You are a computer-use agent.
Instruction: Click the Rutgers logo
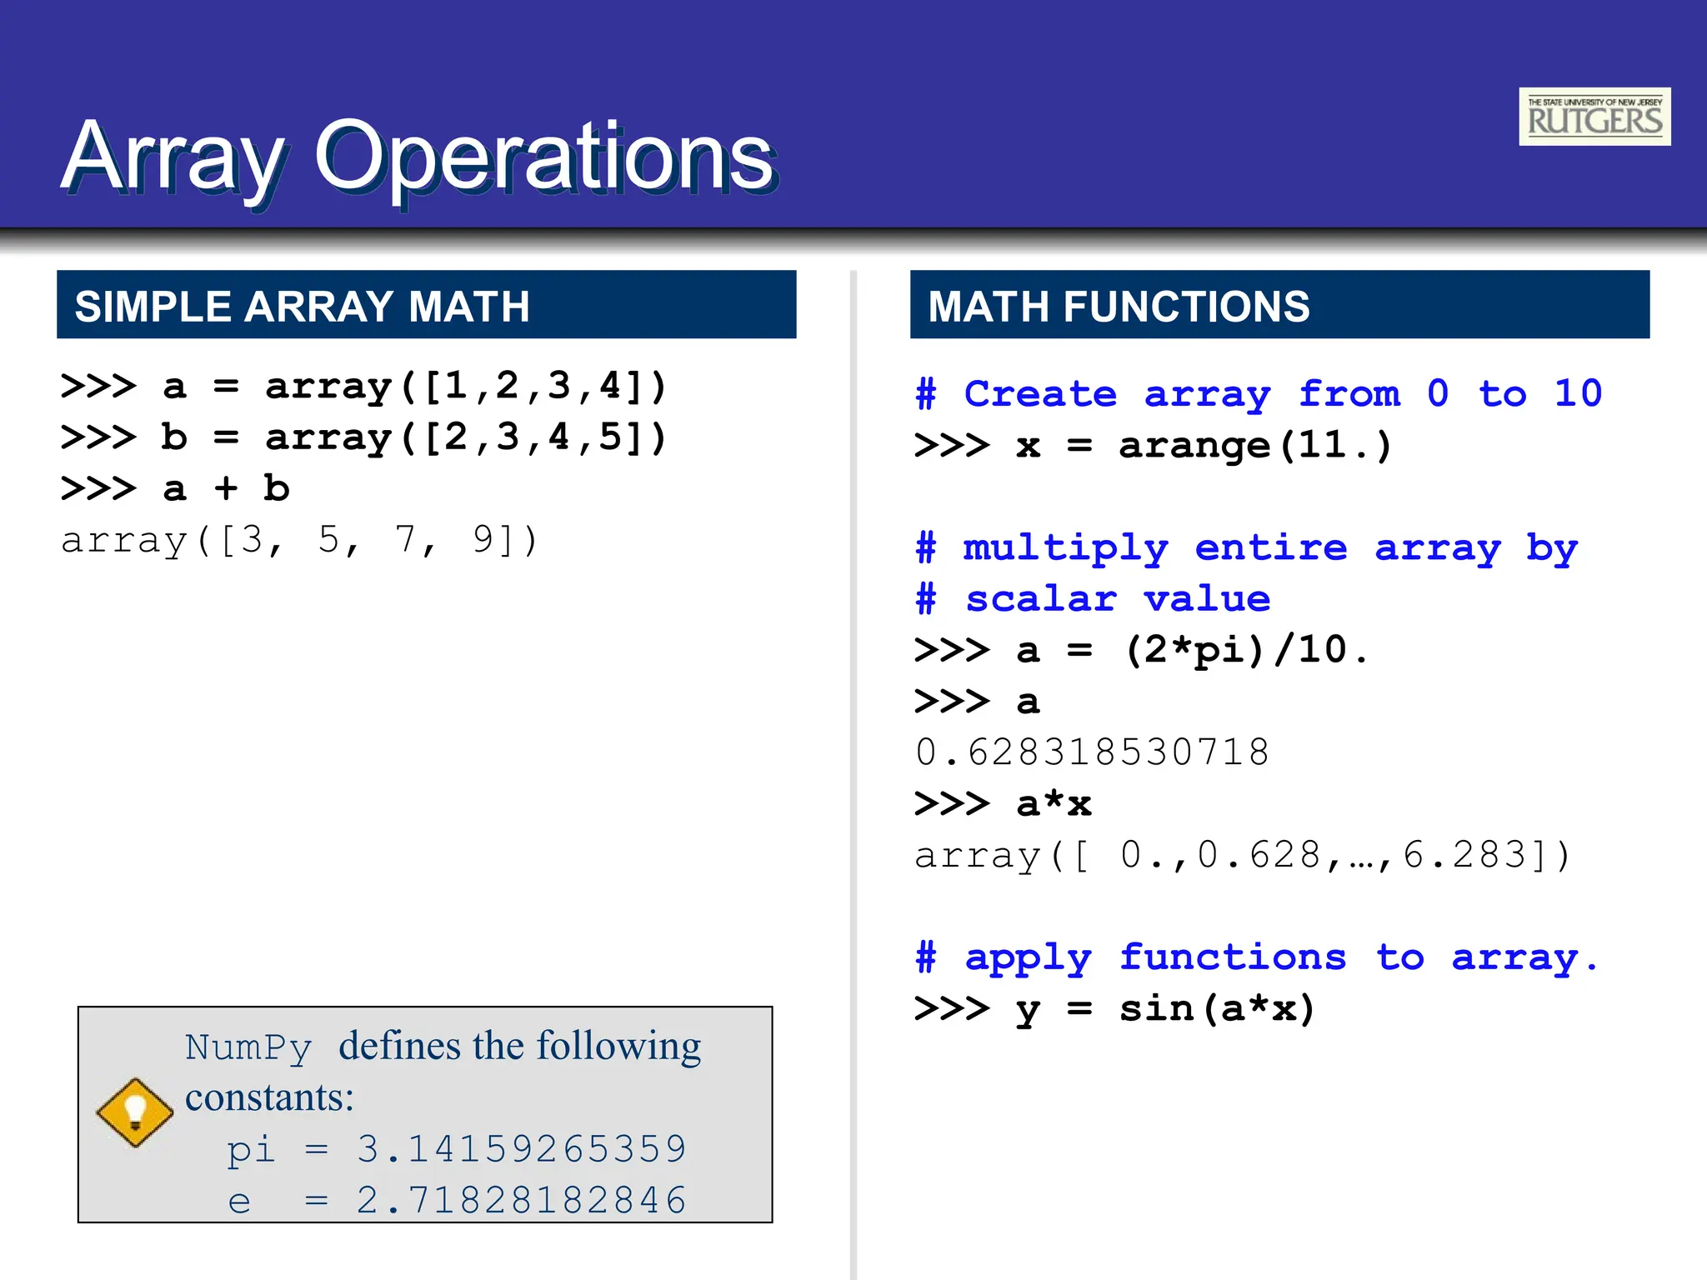(1594, 117)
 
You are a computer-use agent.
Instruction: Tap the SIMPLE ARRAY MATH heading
(302, 306)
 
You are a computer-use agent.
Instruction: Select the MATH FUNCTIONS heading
(1119, 306)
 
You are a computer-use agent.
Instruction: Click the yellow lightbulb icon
(135, 1112)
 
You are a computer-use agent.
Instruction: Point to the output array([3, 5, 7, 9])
(300, 541)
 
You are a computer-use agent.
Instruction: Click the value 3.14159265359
(522, 1149)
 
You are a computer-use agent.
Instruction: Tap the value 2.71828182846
(522, 1201)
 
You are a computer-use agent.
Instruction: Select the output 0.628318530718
(1092, 752)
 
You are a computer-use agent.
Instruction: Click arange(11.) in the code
(1255, 446)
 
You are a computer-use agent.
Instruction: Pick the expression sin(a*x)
(1217, 1009)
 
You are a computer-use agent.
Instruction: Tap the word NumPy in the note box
(248, 1047)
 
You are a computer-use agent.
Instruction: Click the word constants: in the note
(269, 1097)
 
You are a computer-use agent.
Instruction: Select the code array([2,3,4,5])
(466, 437)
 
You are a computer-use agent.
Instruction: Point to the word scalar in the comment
(1040, 599)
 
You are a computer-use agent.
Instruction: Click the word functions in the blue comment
(1233, 957)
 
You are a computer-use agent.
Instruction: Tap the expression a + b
(226, 489)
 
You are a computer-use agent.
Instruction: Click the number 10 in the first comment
(1578, 393)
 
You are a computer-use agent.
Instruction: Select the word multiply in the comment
(1065, 548)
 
